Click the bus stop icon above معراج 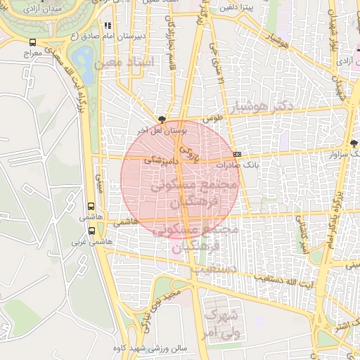click(x=34, y=43)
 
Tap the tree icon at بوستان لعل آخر click(x=163, y=120)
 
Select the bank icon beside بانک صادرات click(x=237, y=154)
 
